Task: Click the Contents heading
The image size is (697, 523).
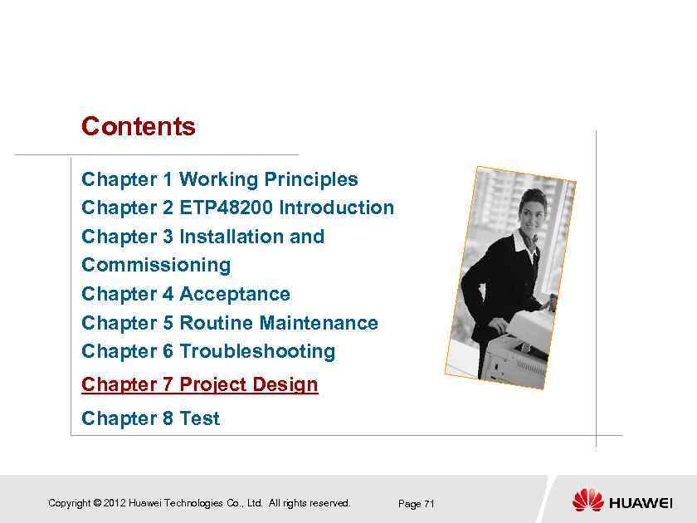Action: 139,127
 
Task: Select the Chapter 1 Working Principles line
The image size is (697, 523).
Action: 220,179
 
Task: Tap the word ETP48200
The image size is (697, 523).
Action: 227,208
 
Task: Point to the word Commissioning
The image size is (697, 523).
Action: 156,266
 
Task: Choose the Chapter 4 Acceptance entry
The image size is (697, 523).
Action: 186,294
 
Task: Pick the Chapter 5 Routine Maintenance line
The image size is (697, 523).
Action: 230,323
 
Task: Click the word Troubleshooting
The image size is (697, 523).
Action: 257,352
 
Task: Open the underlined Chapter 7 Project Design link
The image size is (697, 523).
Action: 200,385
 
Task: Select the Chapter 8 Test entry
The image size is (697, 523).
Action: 150,418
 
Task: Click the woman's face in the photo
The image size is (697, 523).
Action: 530,214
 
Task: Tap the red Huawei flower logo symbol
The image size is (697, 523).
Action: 587,501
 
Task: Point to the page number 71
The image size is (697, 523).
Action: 429,504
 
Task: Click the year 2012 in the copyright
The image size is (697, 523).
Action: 114,503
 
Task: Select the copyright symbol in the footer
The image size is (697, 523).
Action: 97,503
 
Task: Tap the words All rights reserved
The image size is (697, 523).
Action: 310,503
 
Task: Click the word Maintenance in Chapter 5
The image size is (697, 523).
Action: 319,323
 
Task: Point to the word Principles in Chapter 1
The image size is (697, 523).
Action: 311,179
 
